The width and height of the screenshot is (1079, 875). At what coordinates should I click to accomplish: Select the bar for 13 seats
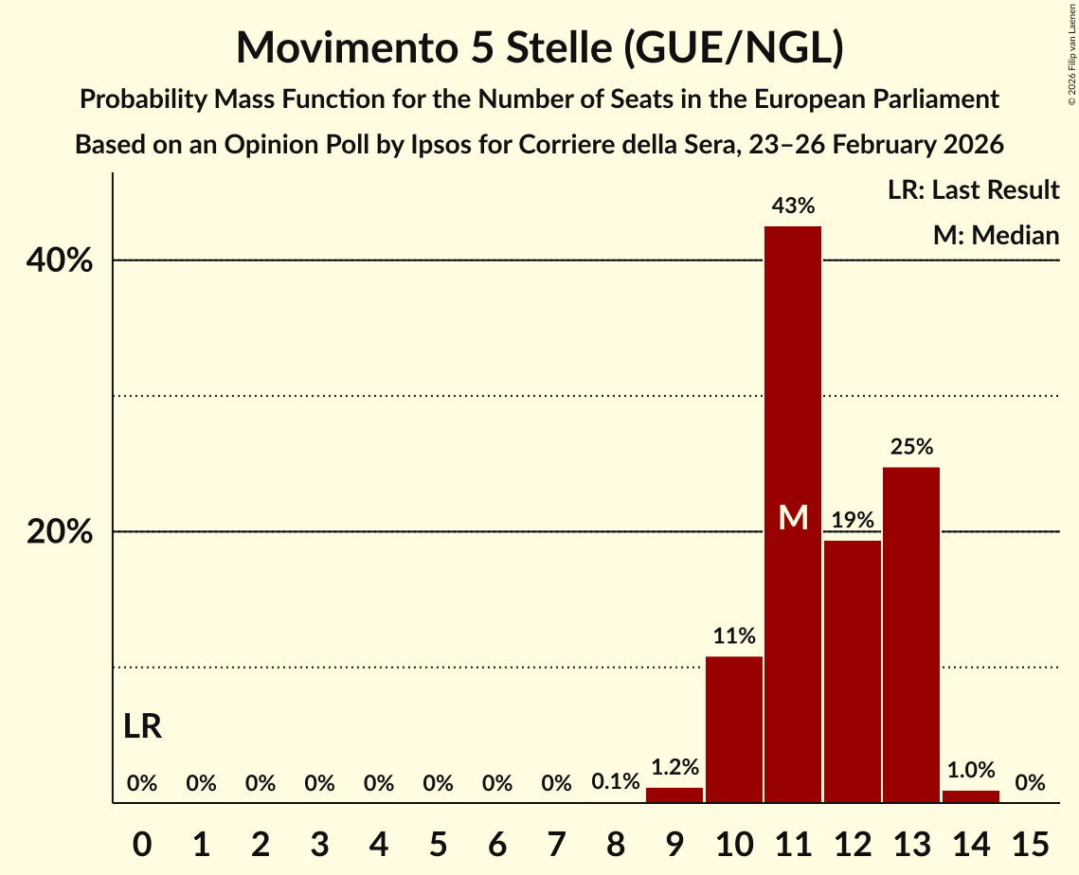coord(911,634)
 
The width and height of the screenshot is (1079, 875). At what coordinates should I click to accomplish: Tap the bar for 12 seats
coord(852,671)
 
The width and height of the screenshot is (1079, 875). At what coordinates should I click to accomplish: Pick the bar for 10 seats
coord(734,729)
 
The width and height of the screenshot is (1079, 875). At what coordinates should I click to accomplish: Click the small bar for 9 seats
coord(674,795)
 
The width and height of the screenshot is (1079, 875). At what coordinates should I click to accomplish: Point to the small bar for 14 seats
coord(970,796)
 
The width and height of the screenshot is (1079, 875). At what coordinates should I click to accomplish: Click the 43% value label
coord(793,205)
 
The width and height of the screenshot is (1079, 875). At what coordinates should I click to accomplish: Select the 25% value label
coord(911,446)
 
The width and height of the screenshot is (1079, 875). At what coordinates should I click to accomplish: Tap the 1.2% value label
coord(674,767)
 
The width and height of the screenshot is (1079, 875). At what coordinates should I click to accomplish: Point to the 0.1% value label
coord(616,783)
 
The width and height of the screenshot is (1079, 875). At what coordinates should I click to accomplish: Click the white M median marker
coord(793,517)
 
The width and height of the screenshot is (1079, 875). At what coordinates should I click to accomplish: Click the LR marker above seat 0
coord(142,726)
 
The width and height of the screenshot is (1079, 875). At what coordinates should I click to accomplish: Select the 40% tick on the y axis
coord(60,260)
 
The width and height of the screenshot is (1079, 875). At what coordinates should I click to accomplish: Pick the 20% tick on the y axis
coord(60,532)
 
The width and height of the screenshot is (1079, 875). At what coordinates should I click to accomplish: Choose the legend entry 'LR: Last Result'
coord(973,190)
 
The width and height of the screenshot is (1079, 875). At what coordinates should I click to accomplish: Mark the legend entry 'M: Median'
coord(996,235)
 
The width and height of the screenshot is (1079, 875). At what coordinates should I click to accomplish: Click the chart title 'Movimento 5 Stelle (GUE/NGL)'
coord(539,47)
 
